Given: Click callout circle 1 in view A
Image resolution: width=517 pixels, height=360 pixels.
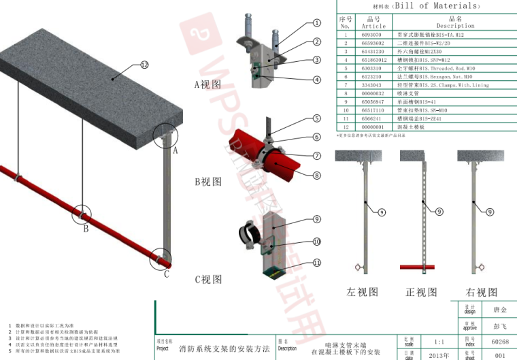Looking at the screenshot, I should pyautogui.click(x=317, y=22).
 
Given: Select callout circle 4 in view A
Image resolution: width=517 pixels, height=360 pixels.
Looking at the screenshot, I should pyautogui.click(x=317, y=80).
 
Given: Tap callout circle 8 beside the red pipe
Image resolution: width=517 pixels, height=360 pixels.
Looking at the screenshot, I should pyautogui.click(x=317, y=175).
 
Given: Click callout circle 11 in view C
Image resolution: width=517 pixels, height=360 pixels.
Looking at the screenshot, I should pyautogui.click(x=317, y=262).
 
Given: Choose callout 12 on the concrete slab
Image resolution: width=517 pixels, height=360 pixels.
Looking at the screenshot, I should pyautogui.click(x=144, y=65).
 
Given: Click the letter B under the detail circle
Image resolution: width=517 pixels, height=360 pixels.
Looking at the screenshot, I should pyautogui.click(x=86, y=229).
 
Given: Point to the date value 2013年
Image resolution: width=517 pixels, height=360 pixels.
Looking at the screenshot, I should pyautogui.click(x=438, y=355).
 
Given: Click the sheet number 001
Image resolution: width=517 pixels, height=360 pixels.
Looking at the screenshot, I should pyautogui.click(x=500, y=355).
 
